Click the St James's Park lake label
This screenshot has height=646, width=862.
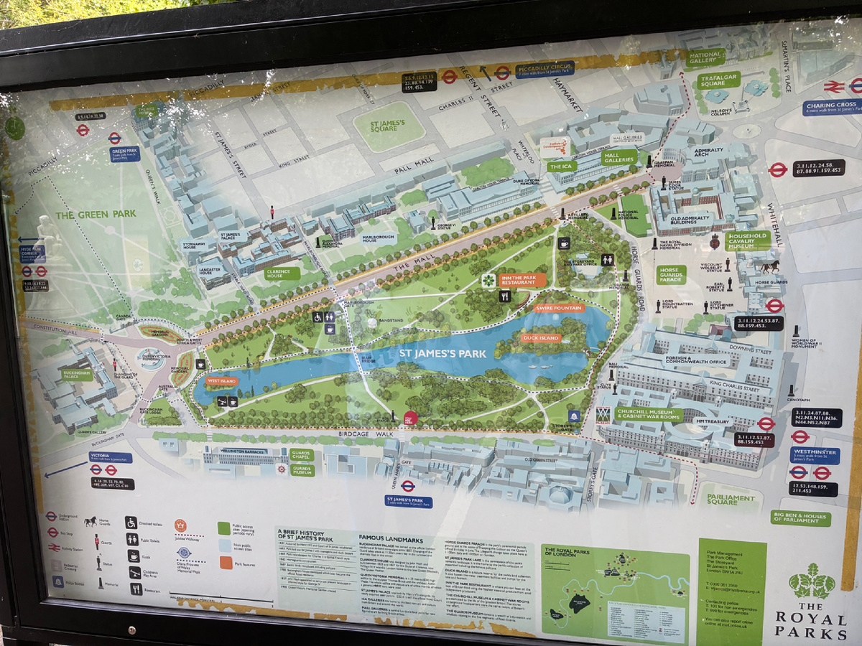pos(444,353)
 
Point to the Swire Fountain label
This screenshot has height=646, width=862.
pos(560,308)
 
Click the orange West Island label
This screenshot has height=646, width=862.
pos(222,380)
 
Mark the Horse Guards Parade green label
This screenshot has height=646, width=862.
pos(670,274)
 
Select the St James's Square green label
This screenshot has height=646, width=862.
pos(389,127)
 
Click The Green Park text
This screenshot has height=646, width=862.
pos(96,214)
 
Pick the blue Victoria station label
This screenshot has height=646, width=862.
pos(111,457)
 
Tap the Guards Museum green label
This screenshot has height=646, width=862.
pos(302,470)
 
